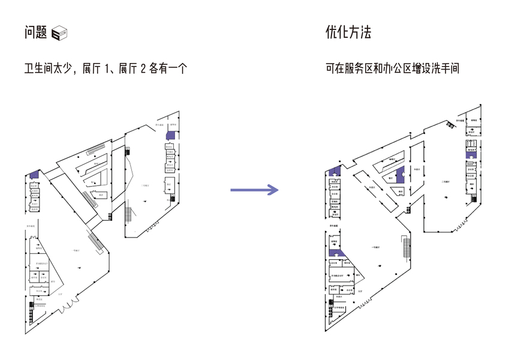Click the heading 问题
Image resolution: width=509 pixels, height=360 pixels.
pos(35,32)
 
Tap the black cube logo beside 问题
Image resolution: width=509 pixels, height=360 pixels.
pos(60,34)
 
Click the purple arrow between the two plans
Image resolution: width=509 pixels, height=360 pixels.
pos(255,190)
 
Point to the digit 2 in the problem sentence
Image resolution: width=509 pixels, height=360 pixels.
pos(143,69)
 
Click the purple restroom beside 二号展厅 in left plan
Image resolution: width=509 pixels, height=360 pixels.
pos(171,136)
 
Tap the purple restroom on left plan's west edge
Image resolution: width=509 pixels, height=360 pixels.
pos(34,174)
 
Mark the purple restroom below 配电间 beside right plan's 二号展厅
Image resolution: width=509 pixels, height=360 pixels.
pos(471,155)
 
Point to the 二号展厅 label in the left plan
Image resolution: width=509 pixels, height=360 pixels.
pos(144,185)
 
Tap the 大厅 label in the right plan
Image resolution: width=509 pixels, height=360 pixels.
pos(362,291)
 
